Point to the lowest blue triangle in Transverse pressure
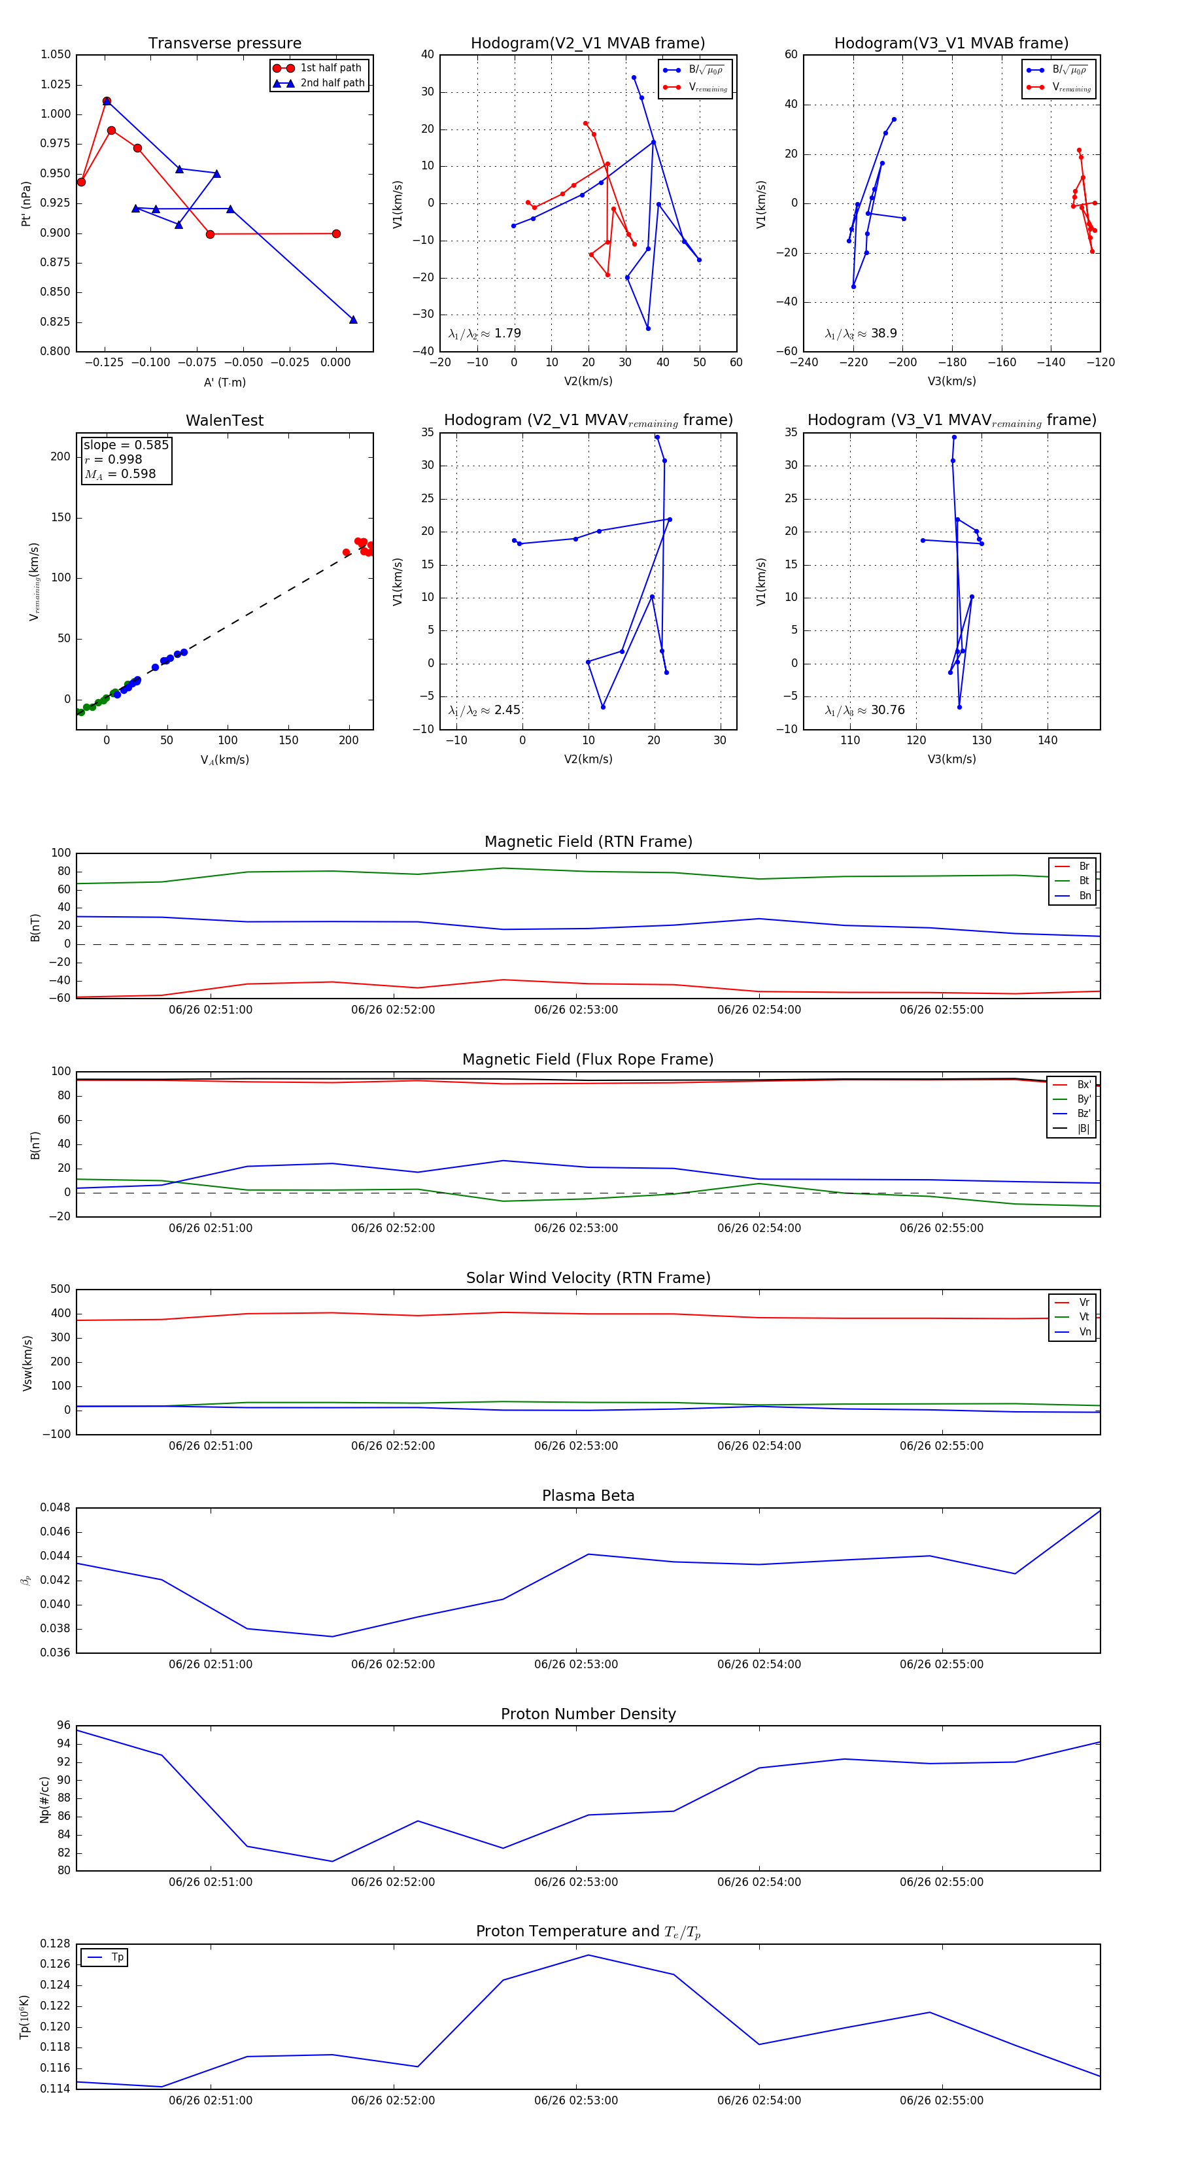click(352, 320)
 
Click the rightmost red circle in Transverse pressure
click(336, 233)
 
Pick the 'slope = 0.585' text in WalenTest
click(126, 445)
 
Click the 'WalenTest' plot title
click(224, 420)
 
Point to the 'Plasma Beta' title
click(588, 1496)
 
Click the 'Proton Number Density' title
click(588, 1714)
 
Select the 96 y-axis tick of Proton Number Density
click(63, 1725)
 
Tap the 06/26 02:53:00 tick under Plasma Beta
click(575, 1664)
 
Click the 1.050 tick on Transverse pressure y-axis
click(56, 54)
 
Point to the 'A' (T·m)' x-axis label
click(224, 382)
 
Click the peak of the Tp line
click(588, 1955)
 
